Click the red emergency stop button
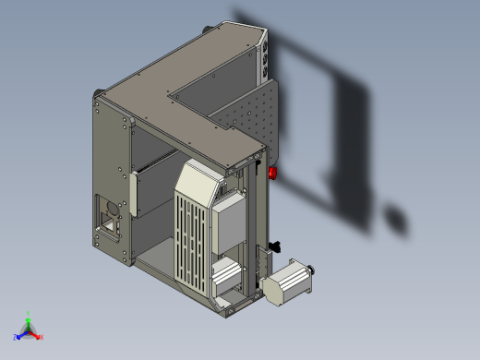pyautogui.click(x=272, y=172)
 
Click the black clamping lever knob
pyautogui.click(x=275, y=246)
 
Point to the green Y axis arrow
pyautogui.click(x=29, y=317)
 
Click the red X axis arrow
pyautogui.click(x=39, y=337)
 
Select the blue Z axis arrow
pyautogui.click(x=19, y=336)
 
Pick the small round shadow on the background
pyautogui.click(x=396, y=222)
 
